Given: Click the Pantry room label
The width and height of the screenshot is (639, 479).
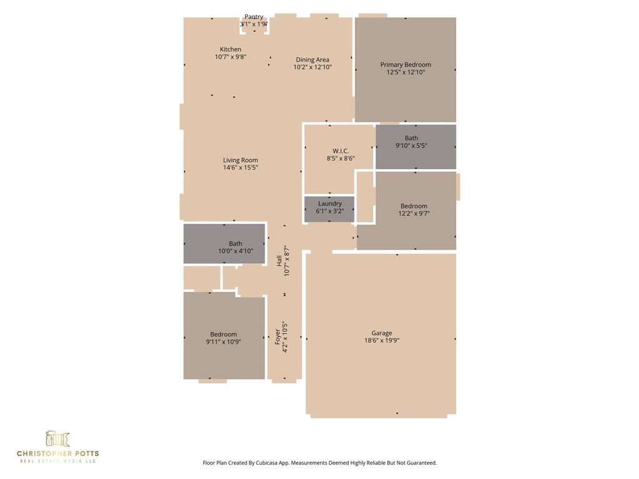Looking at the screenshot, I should [x=254, y=17].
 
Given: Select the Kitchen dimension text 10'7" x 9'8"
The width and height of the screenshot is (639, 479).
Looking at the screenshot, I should [x=230, y=57].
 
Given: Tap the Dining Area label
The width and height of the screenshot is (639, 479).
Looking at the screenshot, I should [x=313, y=60].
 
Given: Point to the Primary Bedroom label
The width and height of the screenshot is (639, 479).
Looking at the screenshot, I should [x=406, y=65].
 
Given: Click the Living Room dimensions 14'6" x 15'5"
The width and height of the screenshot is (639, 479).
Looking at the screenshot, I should [x=240, y=168].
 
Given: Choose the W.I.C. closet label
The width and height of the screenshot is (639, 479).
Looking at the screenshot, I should [x=341, y=151].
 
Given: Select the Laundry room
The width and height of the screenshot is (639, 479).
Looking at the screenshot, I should [x=329, y=208].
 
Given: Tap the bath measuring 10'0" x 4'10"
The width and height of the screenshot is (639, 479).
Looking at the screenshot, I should [x=235, y=248].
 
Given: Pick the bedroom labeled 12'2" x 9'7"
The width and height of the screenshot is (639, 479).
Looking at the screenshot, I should [x=414, y=210].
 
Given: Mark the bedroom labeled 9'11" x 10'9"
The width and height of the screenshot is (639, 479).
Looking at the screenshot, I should [x=223, y=338].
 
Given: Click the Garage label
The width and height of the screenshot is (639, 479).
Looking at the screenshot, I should [x=382, y=333].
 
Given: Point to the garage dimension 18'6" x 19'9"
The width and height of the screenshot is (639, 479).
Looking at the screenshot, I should [x=382, y=341].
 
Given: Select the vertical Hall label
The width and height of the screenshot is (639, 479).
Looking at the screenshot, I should [x=279, y=261].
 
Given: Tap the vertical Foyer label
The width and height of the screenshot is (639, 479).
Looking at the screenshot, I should [x=278, y=337].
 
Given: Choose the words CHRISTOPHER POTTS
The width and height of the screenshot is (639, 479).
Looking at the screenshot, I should [x=57, y=453].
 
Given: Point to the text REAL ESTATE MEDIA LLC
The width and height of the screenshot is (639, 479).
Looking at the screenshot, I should [x=57, y=461].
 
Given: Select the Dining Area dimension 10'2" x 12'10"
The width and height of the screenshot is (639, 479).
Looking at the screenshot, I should [x=313, y=67].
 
